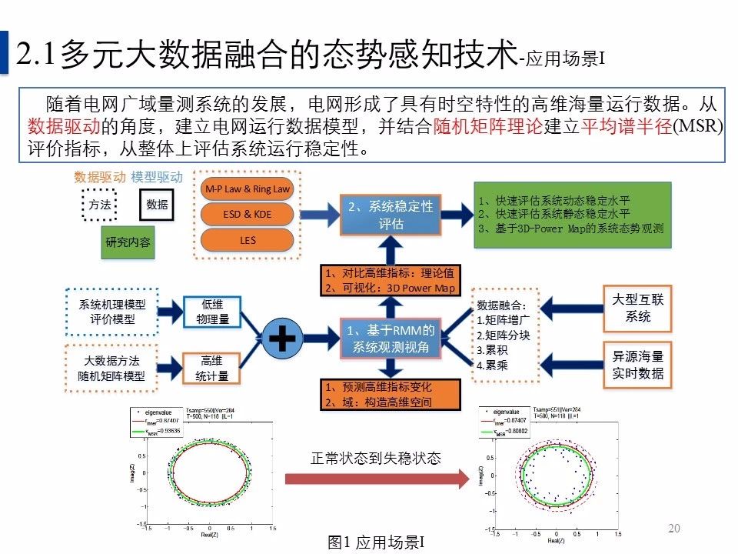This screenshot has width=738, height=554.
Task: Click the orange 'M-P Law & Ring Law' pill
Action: click(247, 189)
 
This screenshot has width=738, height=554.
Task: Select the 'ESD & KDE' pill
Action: click(247, 214)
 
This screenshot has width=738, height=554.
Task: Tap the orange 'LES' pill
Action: click(247, 240)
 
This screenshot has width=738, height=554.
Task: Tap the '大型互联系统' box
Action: click(637, 308)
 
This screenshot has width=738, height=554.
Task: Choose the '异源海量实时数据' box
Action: click(637, 365)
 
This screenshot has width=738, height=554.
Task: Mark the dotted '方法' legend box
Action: click(100, 205)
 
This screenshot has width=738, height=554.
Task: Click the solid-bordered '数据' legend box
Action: click(157, 205)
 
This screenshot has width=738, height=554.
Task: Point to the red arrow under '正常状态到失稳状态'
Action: click(377, 479)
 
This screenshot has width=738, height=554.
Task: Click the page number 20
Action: click(675, 528)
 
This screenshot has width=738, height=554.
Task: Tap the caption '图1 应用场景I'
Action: click(375, 542)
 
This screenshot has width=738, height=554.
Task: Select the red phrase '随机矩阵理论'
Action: click(488, 127)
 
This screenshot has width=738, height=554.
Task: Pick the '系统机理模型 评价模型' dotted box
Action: click(112, 312)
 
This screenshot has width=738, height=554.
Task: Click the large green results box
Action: click(571, 215)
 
